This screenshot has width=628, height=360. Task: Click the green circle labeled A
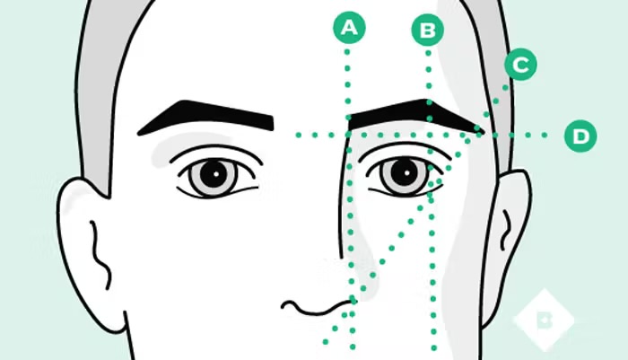tap(349, 28)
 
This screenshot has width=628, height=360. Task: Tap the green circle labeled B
tap(428, 31)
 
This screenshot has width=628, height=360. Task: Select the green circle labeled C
tap(520, 65)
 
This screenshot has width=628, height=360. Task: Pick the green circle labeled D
tap(580, 136)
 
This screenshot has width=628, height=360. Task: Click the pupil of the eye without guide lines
tap(213, 174)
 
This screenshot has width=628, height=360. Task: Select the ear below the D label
tap(509, 224)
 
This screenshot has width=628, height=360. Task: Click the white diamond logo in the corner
tap(544, 318)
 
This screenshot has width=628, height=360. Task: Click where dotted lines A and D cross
tap(348, 136)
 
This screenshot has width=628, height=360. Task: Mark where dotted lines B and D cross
tap(429, 136)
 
